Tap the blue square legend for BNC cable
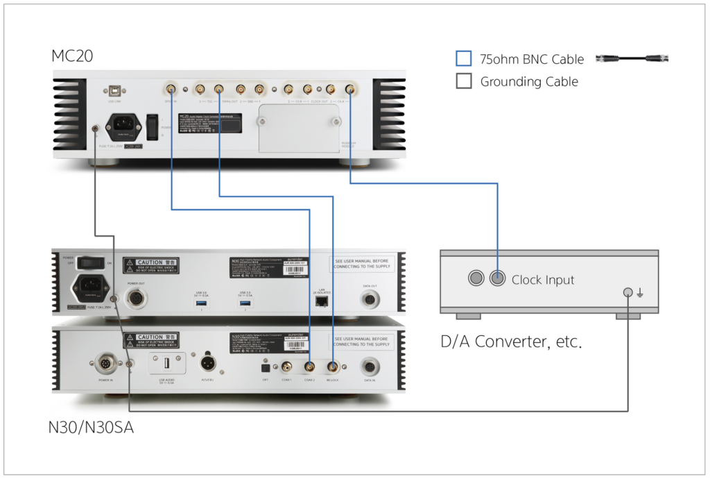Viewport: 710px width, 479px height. tap(464, 59)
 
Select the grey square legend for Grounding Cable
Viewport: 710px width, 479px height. tap(464, 81)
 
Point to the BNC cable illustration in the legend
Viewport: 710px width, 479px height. tap(632, 59)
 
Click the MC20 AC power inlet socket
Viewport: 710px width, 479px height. tap(122, 127)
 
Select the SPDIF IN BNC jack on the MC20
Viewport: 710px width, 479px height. tap(171, 89)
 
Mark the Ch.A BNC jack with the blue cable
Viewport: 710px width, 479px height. tap(351, 89)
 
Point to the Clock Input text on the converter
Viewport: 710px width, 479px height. tap(543, 280)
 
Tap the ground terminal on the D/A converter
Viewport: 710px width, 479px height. tap(628, 292)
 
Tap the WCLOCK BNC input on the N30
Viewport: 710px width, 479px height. tap(334, 366)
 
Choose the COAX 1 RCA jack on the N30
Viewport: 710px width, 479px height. tap(286, 366)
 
